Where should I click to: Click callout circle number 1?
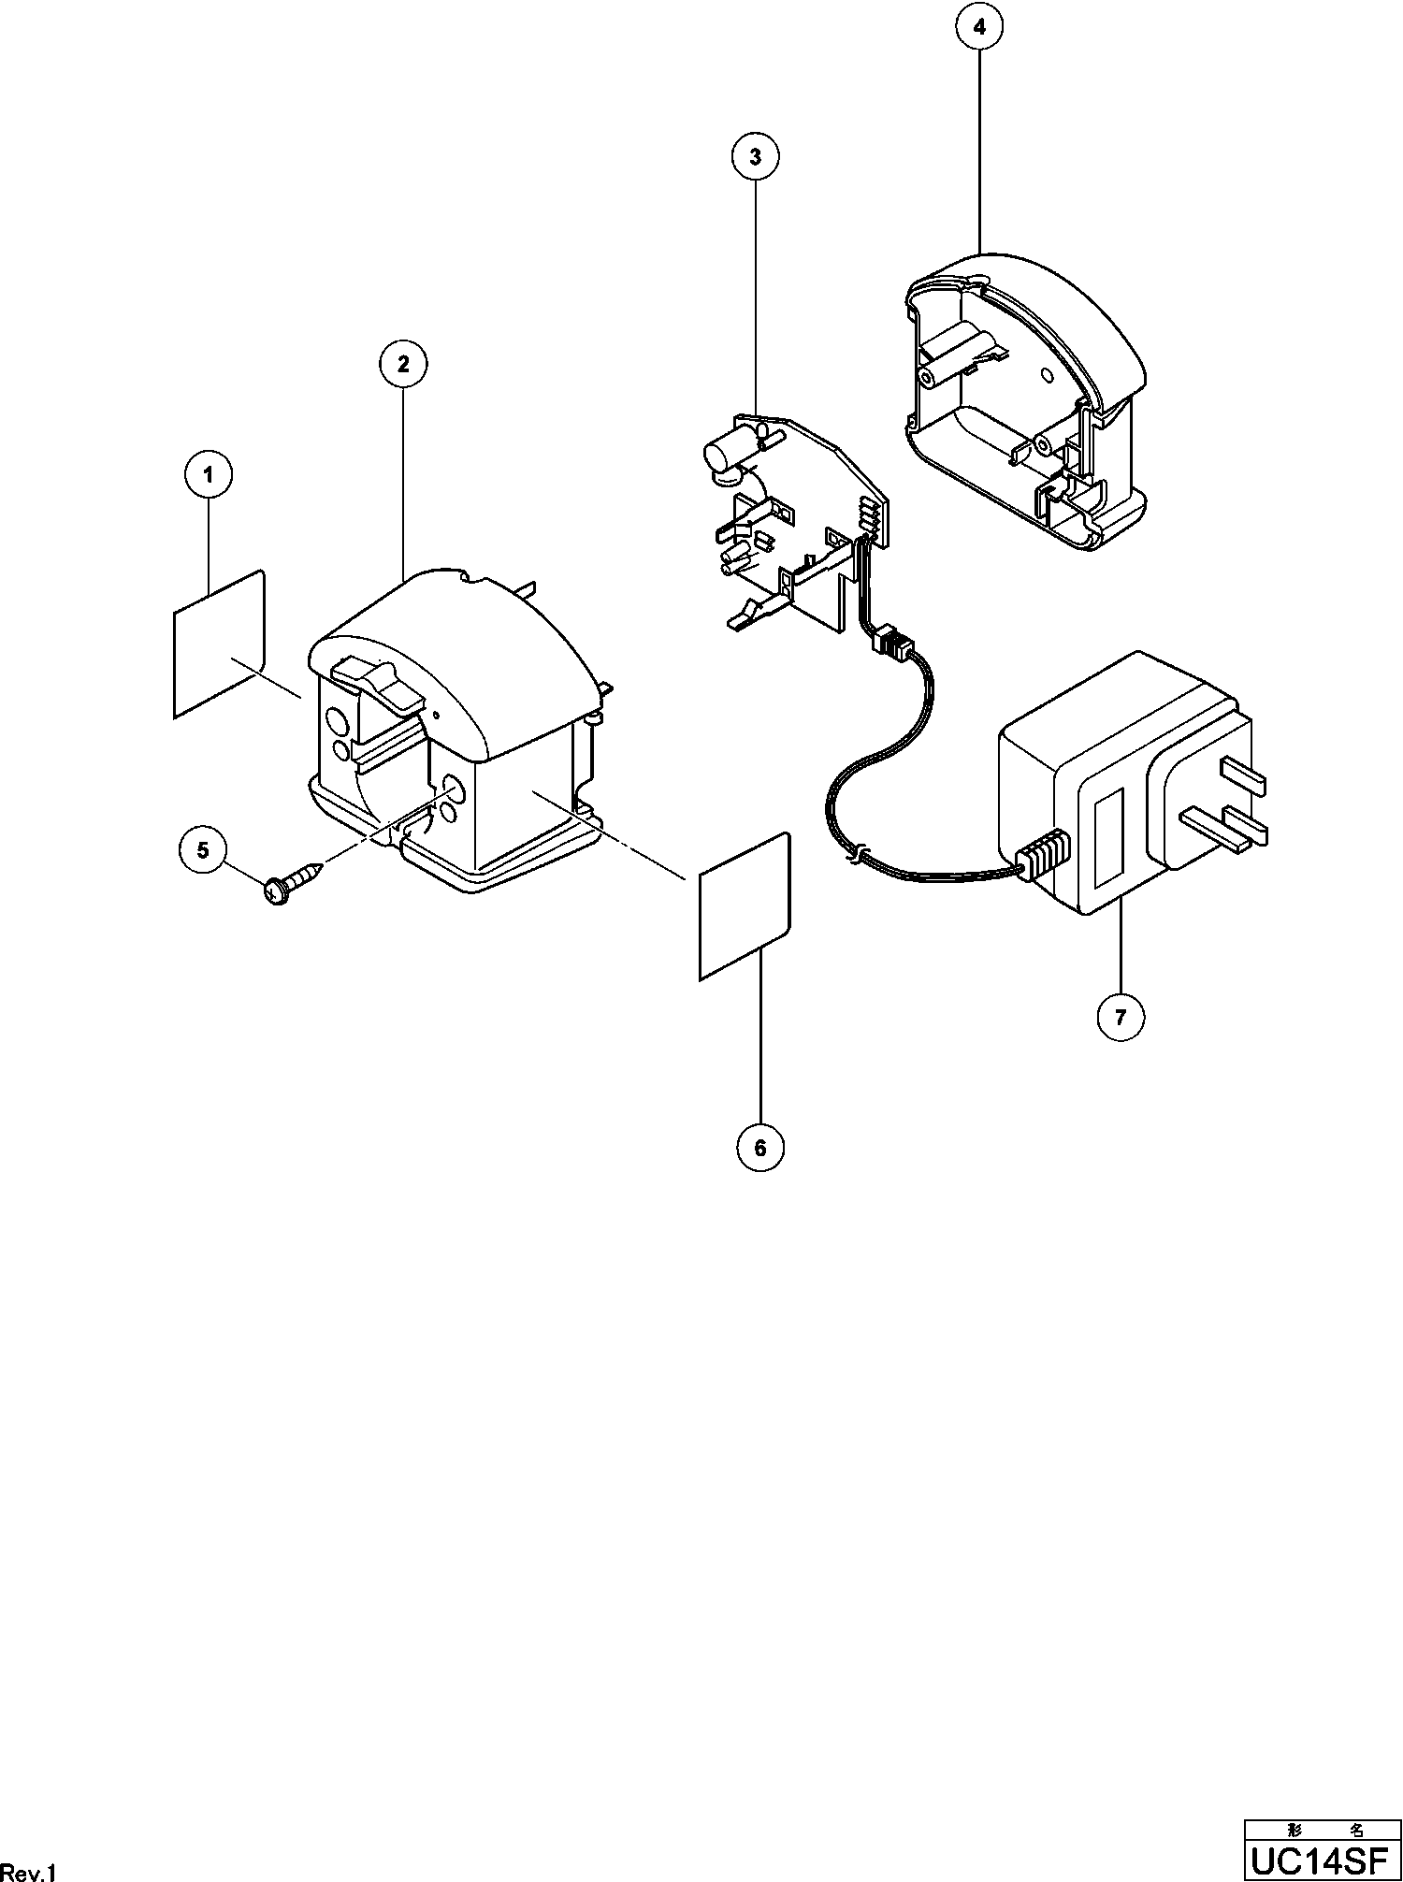coord(208,475)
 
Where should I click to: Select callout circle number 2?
coord(403,364)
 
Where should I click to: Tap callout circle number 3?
coord(755,157)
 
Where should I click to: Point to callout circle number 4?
coord(979,27)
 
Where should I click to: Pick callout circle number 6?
coord(759,1148)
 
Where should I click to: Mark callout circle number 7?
coord(1121,1015)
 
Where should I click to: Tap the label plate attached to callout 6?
coord(745,906)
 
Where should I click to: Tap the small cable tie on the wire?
coord(855,852)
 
